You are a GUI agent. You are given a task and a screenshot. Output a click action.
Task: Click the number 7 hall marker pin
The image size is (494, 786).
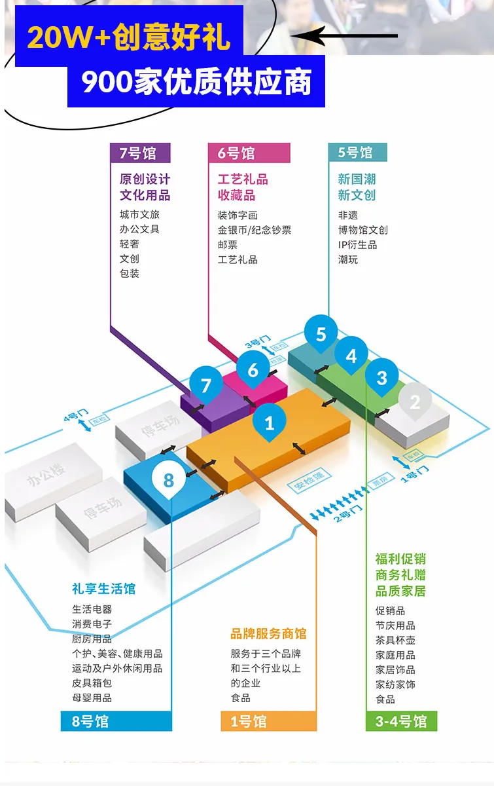pos(206,384)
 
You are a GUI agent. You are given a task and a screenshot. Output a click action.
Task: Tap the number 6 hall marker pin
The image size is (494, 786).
pos(253,369)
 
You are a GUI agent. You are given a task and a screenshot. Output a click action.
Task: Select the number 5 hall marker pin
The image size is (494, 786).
pos(321,334)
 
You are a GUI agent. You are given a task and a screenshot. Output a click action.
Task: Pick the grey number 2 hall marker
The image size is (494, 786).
pos(415,401)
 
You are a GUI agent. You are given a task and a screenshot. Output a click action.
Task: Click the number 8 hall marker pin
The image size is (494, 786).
pos(169,480)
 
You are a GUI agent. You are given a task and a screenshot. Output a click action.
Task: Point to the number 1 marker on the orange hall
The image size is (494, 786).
pos(270,423)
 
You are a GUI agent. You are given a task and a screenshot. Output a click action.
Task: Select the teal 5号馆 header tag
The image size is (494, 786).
pos(357,153)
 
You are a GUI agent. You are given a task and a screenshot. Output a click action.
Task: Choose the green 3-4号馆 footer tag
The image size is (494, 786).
pos(401,721)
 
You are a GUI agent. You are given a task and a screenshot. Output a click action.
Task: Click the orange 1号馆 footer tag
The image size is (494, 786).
pos(268,721)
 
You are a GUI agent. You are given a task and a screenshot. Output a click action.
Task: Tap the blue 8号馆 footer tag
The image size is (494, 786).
pos(116,721)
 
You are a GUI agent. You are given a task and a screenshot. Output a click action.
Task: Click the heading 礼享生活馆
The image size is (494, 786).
pos(104,588)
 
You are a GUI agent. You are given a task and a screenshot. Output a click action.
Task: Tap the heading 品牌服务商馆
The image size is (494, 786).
pos(268,633)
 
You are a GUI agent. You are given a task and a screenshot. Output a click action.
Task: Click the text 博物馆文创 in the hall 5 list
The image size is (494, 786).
pos(363,230)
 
